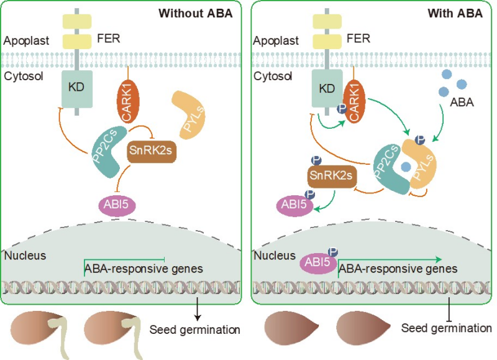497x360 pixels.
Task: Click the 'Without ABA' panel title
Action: [195, 13]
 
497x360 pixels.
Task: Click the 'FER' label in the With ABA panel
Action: [358, 38]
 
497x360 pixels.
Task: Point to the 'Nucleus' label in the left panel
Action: [25, 256]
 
